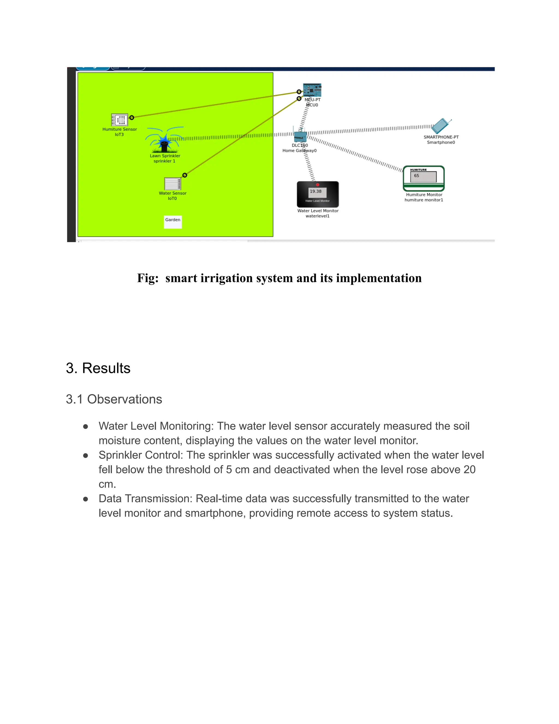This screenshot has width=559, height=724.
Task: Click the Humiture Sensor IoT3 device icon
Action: point(119,120)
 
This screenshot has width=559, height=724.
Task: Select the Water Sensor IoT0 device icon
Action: point(172,184)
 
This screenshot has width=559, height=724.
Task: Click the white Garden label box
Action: point(173,222)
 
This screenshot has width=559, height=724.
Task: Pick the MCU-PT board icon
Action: point(312,90)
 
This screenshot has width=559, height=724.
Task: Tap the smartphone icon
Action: point(441,126)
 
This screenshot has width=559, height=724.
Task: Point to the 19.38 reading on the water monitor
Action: point(316,191)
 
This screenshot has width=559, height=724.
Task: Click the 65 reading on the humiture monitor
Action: point(417,176)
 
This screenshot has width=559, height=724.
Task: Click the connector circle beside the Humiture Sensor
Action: point(132,117)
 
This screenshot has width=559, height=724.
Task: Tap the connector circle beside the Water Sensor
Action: point(185,175)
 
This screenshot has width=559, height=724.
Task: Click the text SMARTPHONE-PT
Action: point(441,137)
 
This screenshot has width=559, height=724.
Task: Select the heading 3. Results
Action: point(98,368)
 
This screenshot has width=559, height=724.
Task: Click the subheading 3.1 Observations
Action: point(114,399)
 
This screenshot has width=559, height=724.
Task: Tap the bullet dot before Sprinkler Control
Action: point(85,455)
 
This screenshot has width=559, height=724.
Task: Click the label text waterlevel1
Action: point(317,216)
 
